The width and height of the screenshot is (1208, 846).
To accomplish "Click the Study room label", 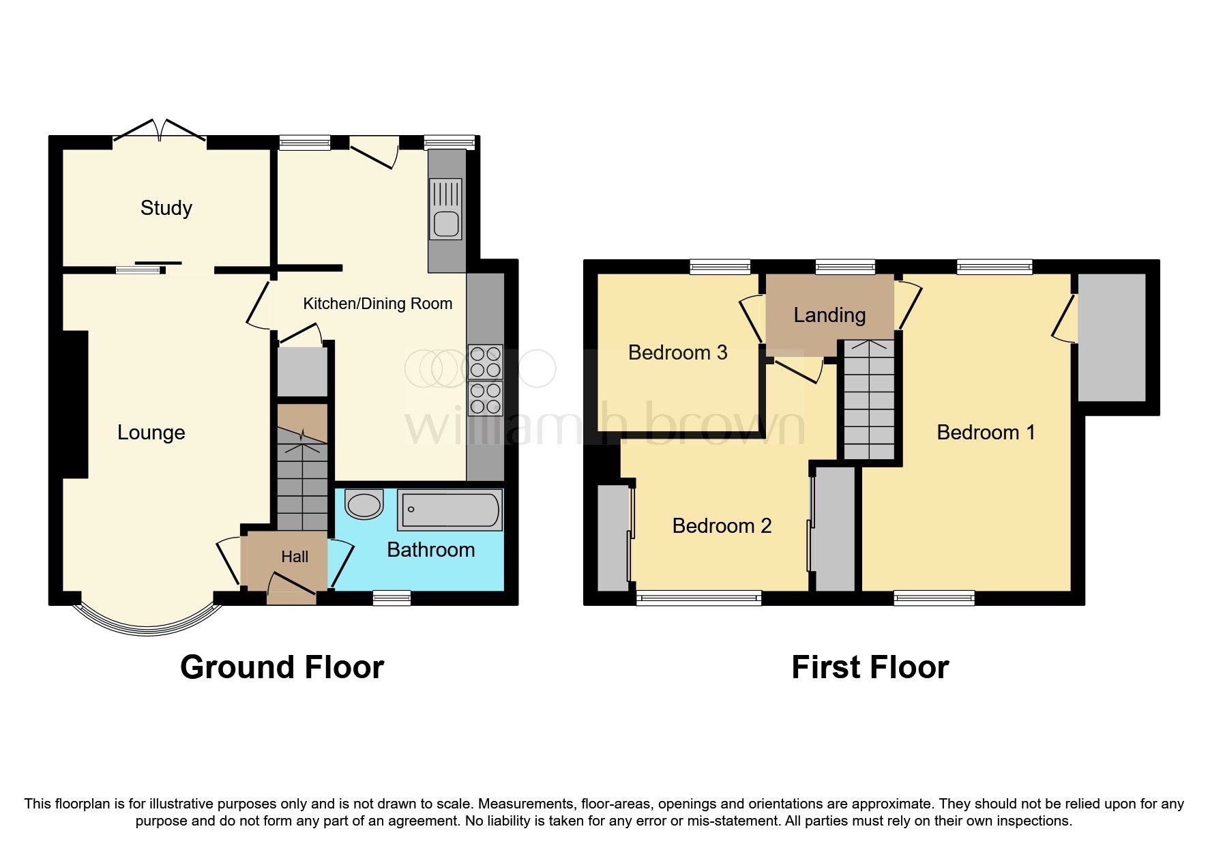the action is tap(166, 207).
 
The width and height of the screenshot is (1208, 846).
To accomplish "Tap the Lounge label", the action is tap(151, 433).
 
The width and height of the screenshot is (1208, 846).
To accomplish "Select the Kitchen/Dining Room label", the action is tap(377, 304).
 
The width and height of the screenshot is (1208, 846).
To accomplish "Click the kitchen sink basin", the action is tap(446, 224).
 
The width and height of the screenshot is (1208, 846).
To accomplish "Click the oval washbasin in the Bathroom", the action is tap(364, 505).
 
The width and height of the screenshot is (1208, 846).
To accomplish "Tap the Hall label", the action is tap(295, 557).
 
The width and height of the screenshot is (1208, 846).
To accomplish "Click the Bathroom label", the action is tap(430, 550).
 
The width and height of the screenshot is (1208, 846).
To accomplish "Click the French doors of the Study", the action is tap(160, 131).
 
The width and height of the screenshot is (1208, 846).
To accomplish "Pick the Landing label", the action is tap(829, 315).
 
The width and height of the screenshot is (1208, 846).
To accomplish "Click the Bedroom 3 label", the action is tap(677, 353).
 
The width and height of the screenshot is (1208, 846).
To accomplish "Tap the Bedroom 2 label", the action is tap(722, 526).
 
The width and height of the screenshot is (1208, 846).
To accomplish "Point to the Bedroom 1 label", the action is tap(986, 433).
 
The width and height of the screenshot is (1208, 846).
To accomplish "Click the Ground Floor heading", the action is tap(282, 667).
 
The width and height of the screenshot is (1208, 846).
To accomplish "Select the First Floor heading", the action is tap(870, 667).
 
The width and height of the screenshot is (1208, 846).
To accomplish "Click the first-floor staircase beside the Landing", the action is tap(869, 400).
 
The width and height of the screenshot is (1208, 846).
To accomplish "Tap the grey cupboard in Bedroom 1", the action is tap(1111, 338).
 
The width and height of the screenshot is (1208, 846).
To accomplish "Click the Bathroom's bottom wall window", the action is tap(392, 598).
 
